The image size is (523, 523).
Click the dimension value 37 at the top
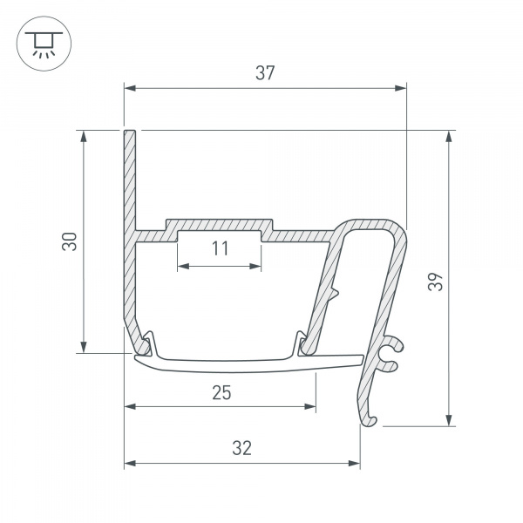265,74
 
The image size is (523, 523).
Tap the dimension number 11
220,249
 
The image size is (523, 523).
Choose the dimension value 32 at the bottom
242,448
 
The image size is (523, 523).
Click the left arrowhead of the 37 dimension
130,87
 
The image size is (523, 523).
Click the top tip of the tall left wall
130,133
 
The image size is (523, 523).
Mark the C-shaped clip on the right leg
391,352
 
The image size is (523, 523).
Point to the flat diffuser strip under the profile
244,360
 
